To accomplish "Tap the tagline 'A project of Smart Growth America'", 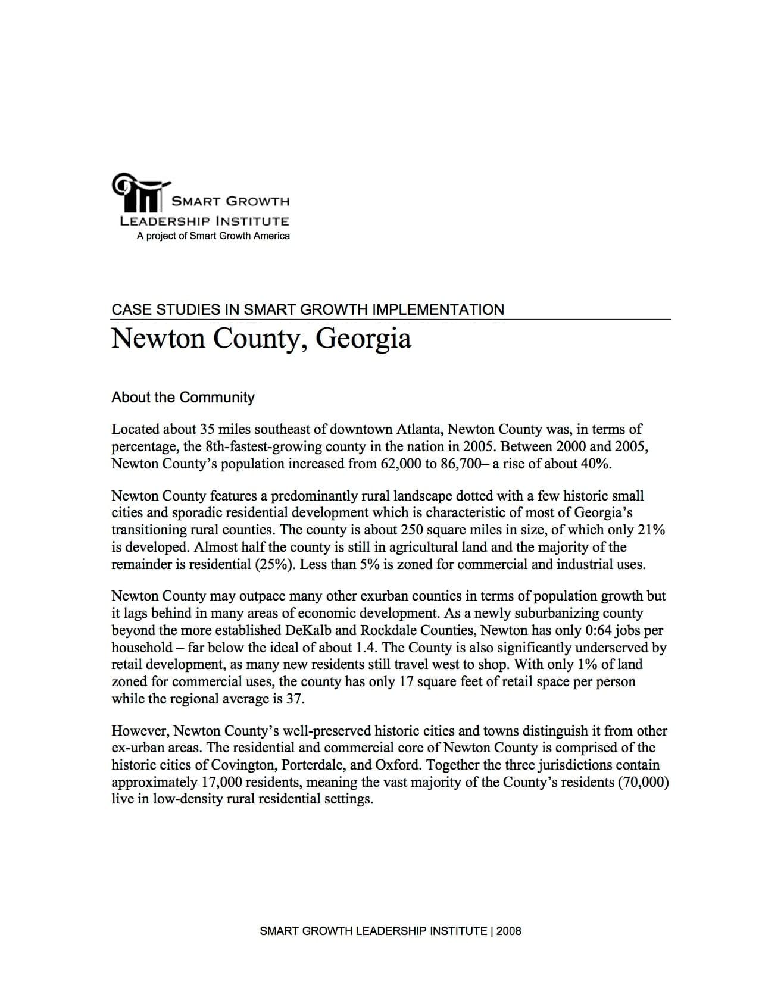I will [213, 236].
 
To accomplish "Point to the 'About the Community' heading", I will [183, 398].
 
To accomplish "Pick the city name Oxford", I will [399, 765].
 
